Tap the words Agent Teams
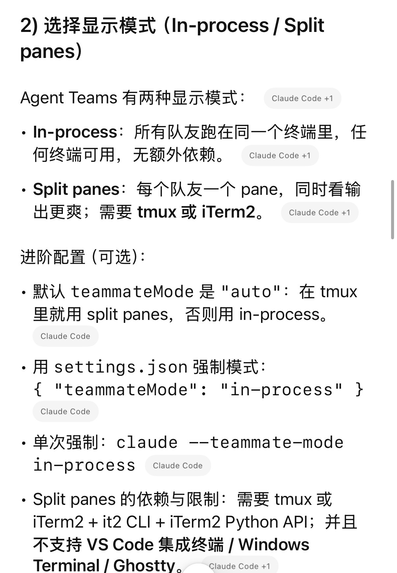tap(68, 98)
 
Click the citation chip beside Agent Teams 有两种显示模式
tap(302, 98)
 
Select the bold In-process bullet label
tap(75, 132)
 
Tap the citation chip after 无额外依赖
tap(280, 155)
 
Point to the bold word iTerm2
tap(228, 212)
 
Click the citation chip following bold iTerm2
tap(319, 213)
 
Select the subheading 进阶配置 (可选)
tap(82, 257)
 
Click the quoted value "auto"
tap(251, 292)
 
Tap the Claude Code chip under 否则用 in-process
tap(66, 336)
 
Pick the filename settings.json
tap(120, 367)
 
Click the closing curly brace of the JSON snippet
tap(359, 390)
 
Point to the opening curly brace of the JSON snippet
tap(38, 390)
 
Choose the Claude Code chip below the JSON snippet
tap(66, 411)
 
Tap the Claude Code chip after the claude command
tap(178, 465)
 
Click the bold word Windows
tap(274, 545)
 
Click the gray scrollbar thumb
tap(392, 209)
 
